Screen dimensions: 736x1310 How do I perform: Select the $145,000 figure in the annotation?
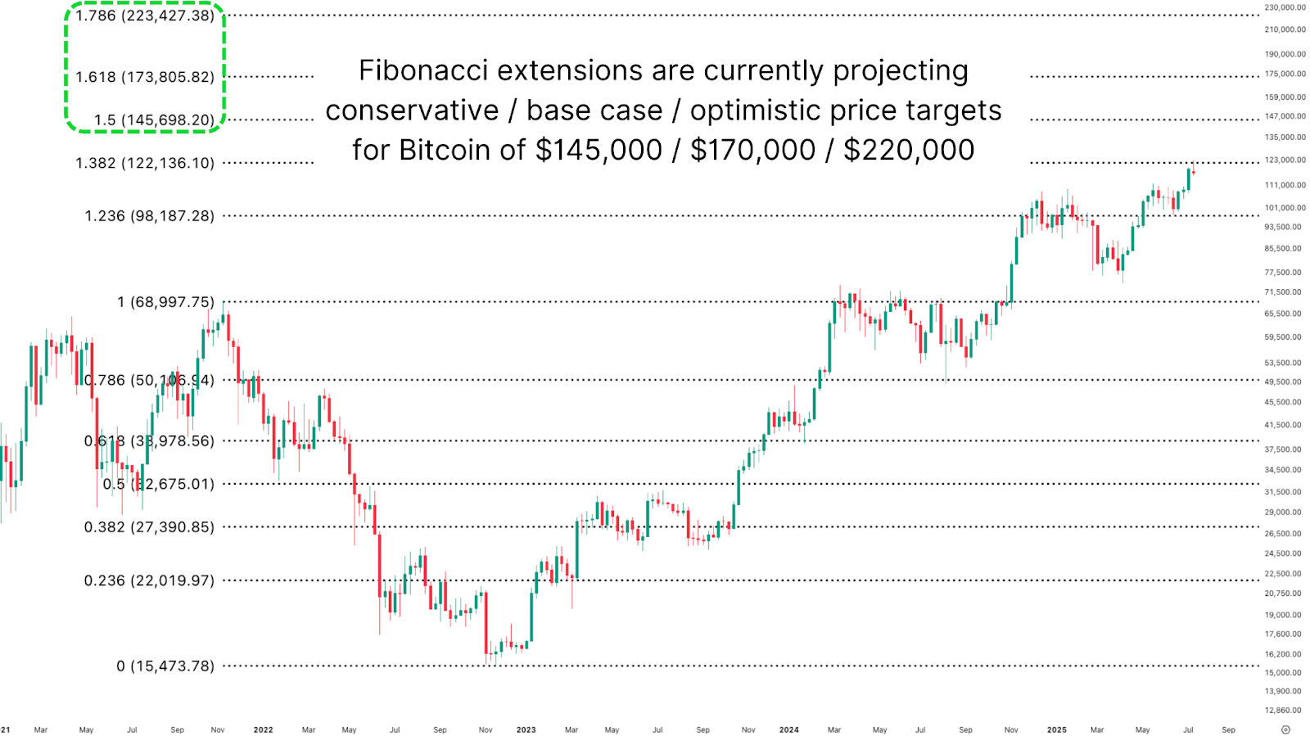(599, 150)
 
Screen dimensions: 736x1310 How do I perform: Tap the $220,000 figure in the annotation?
(909, 150)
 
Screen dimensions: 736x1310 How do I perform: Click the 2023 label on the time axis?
(526, 729)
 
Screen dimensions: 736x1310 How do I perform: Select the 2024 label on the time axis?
(788, 729)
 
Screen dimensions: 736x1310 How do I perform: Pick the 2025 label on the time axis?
(1056, 729)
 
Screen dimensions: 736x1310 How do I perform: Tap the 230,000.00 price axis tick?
(1285, 7)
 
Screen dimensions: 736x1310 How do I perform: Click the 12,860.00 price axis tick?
(1283, 711)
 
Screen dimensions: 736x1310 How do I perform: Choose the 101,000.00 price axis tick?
(1285, 208)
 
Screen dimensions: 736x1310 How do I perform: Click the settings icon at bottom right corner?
(1285, 729)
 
